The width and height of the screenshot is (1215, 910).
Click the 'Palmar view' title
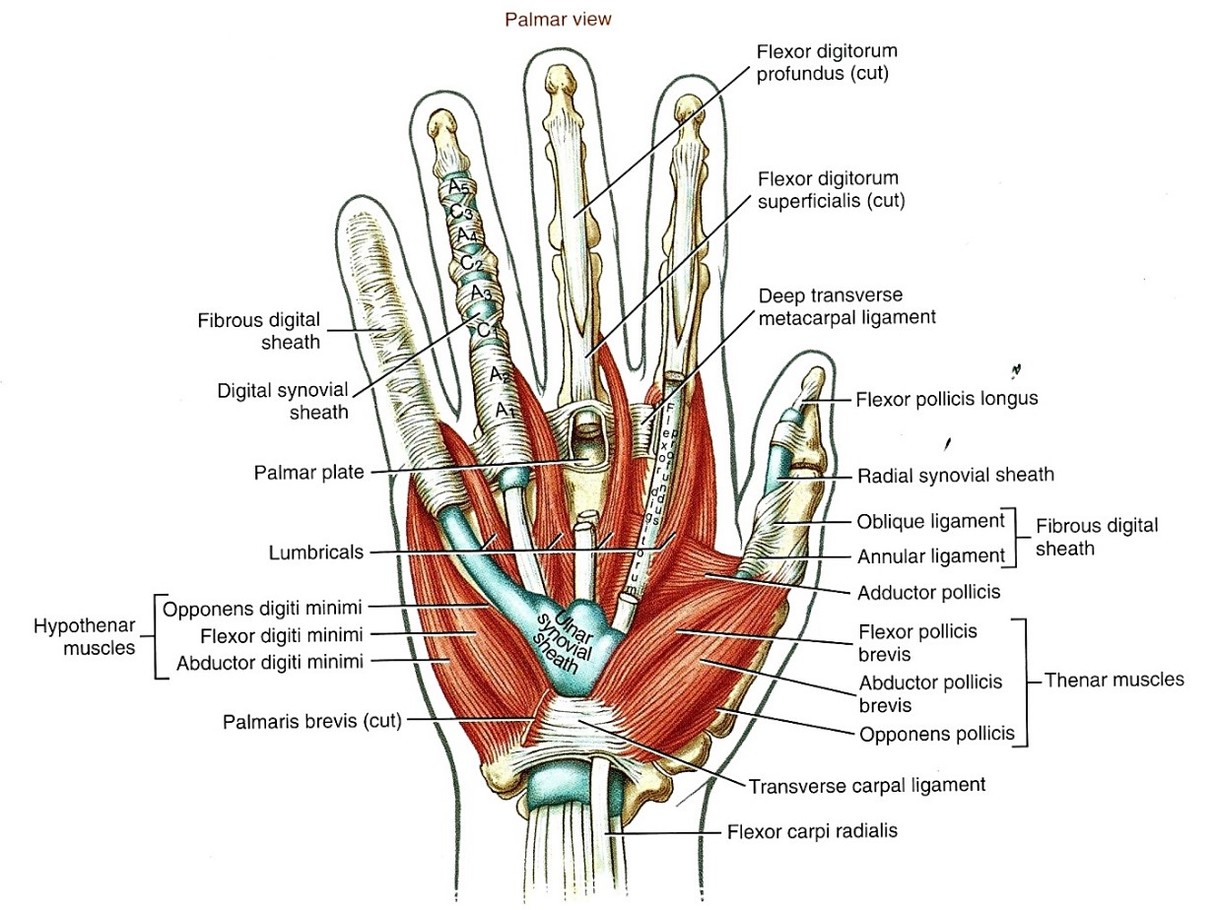click(x=558, y=20)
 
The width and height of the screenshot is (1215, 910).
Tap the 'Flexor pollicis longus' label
click(x=947, y=399)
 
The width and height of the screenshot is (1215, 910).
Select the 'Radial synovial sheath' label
click(x=956, y=476)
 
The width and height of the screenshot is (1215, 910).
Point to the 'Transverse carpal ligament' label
click(x=867, y=786)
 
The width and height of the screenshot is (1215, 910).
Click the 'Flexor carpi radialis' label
click(x=812, y=831)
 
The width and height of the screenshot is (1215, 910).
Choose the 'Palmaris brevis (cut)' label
click(x=311, y=721)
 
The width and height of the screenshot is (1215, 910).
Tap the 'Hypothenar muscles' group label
click(x=84, y=637)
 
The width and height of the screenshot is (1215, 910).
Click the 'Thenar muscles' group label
click(x=1114, y=680)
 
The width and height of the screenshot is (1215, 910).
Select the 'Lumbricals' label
click(x=316, y=552)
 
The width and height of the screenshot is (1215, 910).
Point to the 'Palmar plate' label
click(x=308, y=473)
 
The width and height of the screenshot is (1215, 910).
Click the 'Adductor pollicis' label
click(x=929, y=593)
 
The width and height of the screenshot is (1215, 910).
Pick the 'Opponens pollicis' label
click(x=936, y=734)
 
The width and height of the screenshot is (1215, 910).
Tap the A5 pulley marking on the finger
click(x=458, y=187)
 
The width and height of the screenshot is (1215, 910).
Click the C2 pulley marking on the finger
click(x=471, y=262)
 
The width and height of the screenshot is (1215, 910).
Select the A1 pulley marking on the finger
click(x=505, y=411)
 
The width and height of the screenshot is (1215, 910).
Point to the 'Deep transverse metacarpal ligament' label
click(x=846, y=306)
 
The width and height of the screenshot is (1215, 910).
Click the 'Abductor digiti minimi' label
click(x=270, y=662)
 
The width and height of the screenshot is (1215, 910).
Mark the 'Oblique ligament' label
click(x=930, y=521)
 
